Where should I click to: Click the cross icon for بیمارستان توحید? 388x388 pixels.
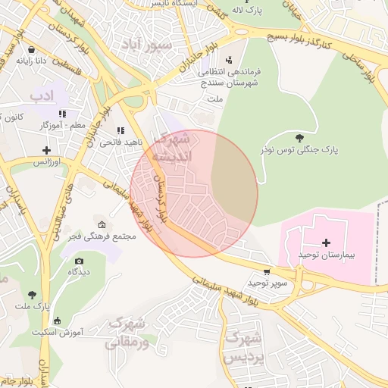pyautogui.click(x=327, y=242)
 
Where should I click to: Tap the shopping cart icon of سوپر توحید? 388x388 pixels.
pyautogui.click(x=266, y=271)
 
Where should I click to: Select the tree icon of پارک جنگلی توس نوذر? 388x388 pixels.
pyautogui.click(x=300, y=138)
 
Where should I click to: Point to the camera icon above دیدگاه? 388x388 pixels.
pyautogui.click(x=80, y=261)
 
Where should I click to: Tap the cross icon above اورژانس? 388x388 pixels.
pyautogui.click(x=46, y=150)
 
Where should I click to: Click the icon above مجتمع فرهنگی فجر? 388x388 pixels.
pyautogui.click(x=102, y=224)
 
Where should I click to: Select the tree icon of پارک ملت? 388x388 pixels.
pyautogui.click(x=31, y=294)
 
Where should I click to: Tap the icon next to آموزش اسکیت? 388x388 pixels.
pyautogui.click(x=58, y=321)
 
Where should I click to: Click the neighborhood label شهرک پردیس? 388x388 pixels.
pyautogui.click(x=244, y=346)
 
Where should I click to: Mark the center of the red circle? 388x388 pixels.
pyautogui.click(x=194, y=194)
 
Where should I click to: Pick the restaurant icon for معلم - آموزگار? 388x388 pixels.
pyautogui.click(x=83, y=114)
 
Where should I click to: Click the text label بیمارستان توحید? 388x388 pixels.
pyautogui.click(x=327, y=255)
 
